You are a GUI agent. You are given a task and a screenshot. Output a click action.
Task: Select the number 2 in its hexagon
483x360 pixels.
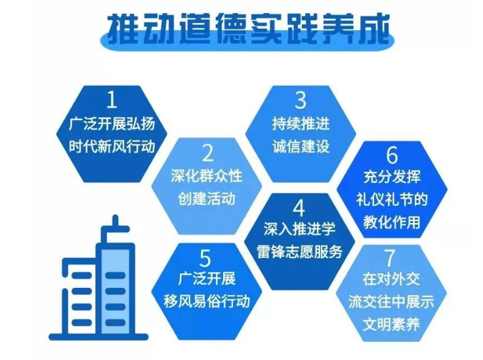(207, 154)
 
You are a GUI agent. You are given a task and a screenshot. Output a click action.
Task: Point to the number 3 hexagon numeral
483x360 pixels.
(300, 100)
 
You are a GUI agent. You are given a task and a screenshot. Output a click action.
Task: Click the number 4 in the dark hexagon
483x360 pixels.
(299, 209)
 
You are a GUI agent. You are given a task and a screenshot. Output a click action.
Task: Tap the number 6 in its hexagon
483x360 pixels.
(392, 155)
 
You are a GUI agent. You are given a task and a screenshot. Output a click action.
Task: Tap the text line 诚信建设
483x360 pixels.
(300, 145)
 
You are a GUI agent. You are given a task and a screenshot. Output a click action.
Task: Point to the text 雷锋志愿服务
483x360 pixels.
(299, 252)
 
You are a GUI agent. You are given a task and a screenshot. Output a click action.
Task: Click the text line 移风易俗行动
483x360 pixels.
(206, 301)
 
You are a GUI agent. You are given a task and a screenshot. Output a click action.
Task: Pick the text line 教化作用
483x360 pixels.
(392, 222)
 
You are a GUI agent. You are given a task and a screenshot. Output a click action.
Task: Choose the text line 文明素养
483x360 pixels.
(391, 323)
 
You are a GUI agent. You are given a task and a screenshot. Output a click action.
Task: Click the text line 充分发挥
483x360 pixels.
(392, 178)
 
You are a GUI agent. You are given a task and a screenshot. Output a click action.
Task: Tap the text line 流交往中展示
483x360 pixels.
(391, 301)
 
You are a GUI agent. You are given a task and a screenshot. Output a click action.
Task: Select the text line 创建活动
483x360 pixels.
(207, 198)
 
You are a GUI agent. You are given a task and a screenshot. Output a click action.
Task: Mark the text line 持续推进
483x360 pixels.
(300, 123)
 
